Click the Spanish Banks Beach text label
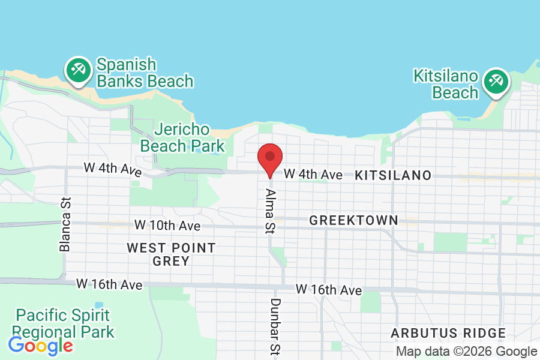click(144, 73)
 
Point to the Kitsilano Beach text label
click(446, 85)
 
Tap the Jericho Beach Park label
click(182, 137)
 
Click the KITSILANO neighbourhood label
click(393, 175)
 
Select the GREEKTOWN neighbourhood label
click(353, 220)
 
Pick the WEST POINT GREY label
click(171, 254)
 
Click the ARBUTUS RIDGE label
click(448, 333)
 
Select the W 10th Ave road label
click(167, 226)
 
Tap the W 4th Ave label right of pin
click(313, 175)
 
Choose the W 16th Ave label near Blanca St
click(109, 284)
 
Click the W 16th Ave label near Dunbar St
click(329, 290)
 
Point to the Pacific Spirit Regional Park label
click(63, 323)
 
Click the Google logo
click(40, 346)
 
